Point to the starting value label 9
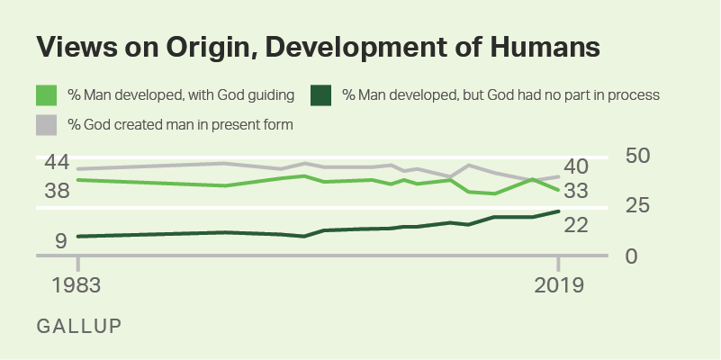(x=61, y=240)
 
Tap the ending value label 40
(x=576, y=166)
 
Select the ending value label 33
(x=576, y=191)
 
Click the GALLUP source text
(x=78, y=324)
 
